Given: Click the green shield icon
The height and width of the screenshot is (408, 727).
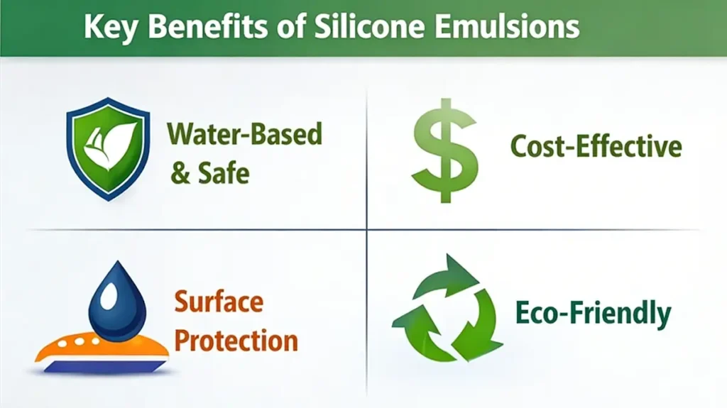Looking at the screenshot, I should click(108, 148).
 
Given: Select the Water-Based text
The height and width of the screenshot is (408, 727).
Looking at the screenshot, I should click(245, 134).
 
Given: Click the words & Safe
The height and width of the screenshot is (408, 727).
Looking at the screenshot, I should click(210, 172).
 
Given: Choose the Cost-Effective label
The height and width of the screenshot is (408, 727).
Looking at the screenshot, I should click(596, 147).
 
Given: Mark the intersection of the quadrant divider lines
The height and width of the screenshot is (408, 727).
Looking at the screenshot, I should click(367, 230).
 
